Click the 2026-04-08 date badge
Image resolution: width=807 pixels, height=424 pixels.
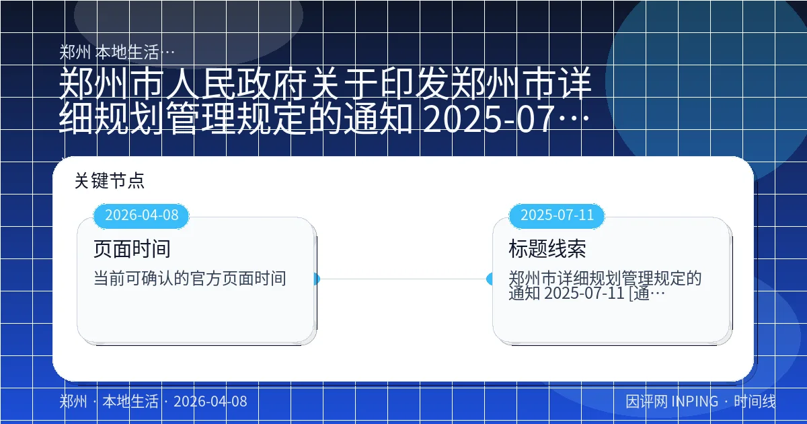[142, 215]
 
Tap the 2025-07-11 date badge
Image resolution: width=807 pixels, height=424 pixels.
[557, 215]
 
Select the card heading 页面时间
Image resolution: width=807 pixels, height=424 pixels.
[132, 249]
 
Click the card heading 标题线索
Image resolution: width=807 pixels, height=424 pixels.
[547, 249]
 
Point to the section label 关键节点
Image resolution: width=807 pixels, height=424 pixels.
[110, 181]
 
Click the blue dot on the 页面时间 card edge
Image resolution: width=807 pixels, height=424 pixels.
[315, 279]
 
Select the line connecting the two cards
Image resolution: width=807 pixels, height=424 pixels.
[403, 279]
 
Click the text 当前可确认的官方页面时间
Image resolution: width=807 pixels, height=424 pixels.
[190, 278]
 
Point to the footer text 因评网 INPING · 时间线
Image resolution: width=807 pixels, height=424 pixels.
[701, 402]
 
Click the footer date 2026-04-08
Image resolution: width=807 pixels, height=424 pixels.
[210, 402]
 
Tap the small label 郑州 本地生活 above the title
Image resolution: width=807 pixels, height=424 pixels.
[118, 52]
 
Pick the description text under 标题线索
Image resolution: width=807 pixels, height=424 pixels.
[605, 285]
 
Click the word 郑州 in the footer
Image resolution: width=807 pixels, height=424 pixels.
[73, 402]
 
